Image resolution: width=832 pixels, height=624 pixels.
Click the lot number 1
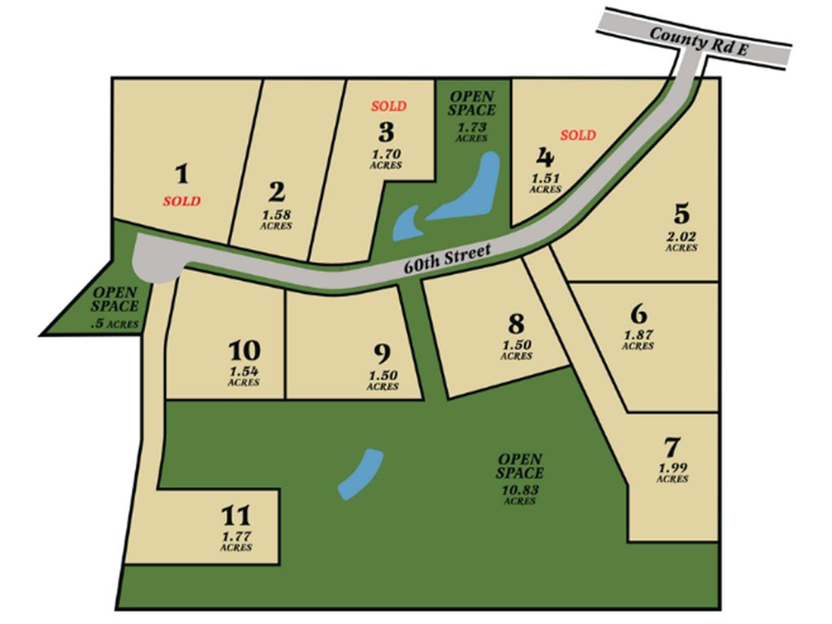click(182, 174)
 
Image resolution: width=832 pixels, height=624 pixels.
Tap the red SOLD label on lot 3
click(388, 106)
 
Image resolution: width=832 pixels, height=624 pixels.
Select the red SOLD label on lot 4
click(577, 135)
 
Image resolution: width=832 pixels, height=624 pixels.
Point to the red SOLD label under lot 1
click(181, 201)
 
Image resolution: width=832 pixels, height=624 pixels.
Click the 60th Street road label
click(448, 259)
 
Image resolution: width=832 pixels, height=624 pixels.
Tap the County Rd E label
click(699, 42)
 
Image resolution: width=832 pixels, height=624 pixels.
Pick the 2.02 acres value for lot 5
click(681, 237)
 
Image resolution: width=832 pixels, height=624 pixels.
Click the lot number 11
click(236, 516)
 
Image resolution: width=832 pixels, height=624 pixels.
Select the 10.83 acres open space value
click(520, 490)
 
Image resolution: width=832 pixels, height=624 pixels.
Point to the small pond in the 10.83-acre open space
click(361, 473)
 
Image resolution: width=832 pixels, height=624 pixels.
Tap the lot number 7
click(672, 448)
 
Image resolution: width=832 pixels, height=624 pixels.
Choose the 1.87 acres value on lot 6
click(639, 335)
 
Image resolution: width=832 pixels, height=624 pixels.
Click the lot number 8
click(516, 324)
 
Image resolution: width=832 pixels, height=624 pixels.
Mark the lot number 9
click(382, 354)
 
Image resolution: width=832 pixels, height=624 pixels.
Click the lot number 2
click(277, 193)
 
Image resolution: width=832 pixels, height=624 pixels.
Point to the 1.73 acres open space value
click(472, 128)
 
